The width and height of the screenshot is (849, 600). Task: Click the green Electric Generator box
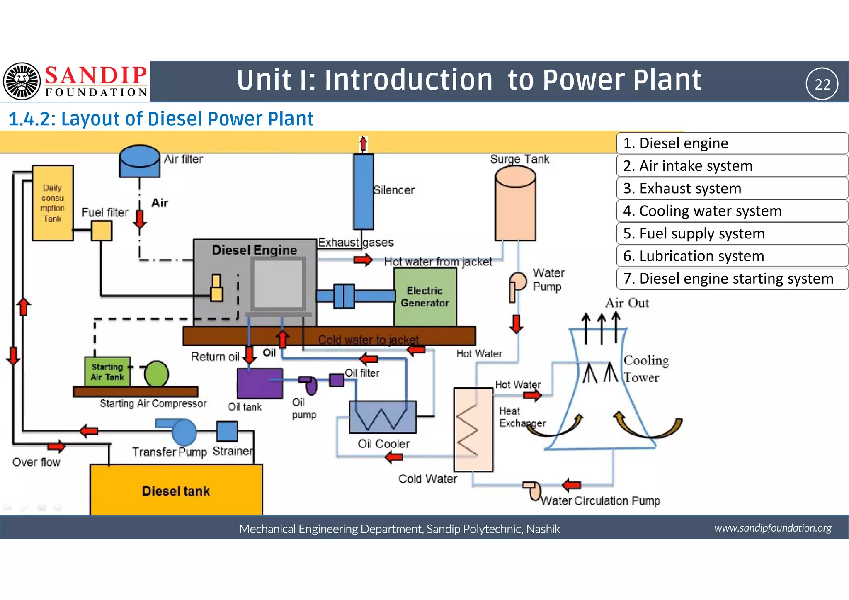click(x=425, y=297)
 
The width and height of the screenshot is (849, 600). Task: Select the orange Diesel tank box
click(x=176, y=491)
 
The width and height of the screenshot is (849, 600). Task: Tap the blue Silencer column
click(x=363, y=192)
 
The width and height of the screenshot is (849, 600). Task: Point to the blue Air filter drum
click(x=140, y=162)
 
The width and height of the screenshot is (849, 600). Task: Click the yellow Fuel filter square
click(x=102, y=231)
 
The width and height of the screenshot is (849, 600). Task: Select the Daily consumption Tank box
click(x=53, y=203)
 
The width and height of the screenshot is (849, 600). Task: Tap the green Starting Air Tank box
click(x=107, y=372)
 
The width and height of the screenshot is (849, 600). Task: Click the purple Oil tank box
click(x=260, y=383)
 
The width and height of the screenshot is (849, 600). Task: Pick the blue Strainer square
click(x=227, y=431)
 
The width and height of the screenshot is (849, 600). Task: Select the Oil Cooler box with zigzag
click(x=383, y=417)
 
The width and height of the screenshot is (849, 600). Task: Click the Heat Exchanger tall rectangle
click(x=473, y=430)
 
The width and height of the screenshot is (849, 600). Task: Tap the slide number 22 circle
click(x=822, y=84)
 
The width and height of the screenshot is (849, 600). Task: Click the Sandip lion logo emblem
click(x=22, y=82)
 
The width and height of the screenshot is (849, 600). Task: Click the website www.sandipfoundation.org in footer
click(x=773, y=528)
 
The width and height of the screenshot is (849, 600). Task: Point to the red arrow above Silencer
click(x=363, y=144)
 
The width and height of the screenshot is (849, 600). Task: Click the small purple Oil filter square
click(x=337, y=380)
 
